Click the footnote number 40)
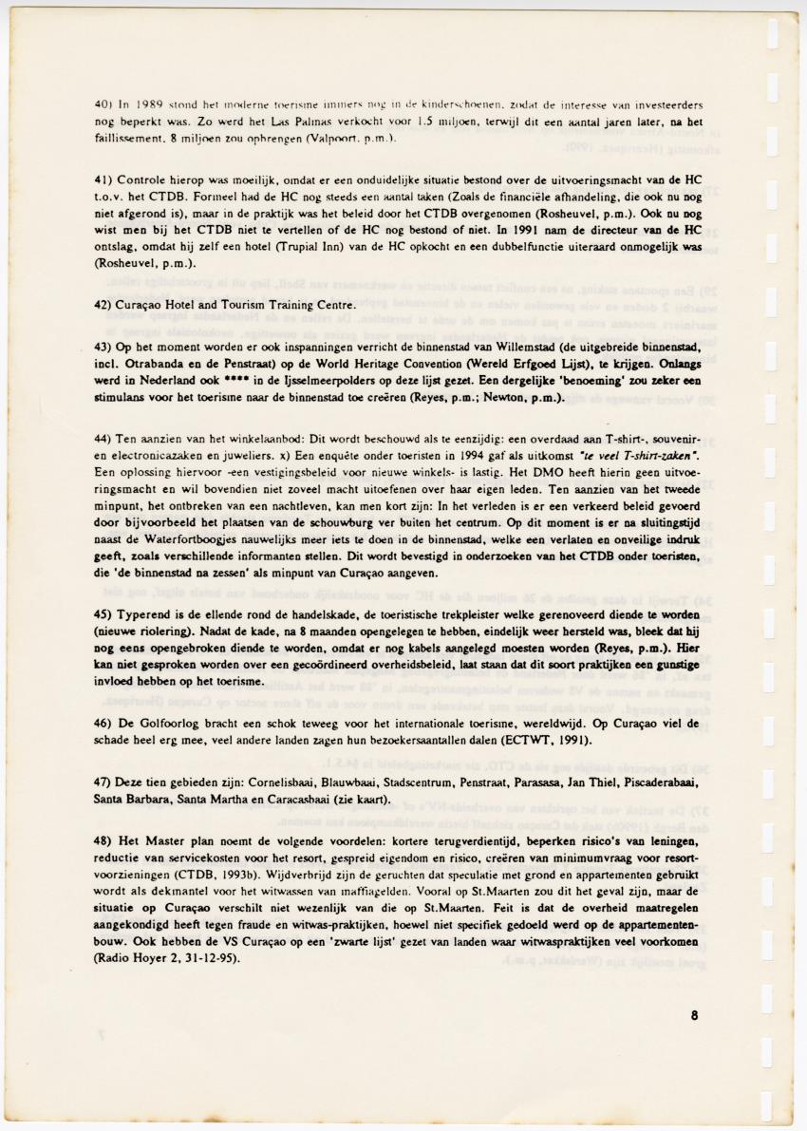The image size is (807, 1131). [x=103, y=104]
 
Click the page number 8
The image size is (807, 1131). [x=695, y=1014]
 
